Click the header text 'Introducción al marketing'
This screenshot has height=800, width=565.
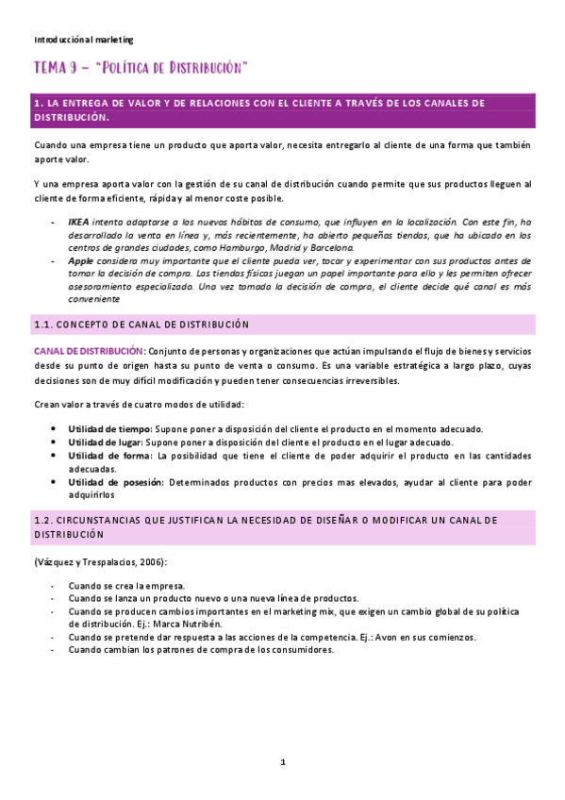point(83,40)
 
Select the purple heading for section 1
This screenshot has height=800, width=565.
point(283,109)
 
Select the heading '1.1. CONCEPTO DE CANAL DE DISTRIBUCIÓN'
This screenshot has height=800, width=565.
point(141,325)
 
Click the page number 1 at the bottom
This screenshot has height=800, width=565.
point(282,761)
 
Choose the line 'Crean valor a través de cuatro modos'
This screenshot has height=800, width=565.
point(139,404)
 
